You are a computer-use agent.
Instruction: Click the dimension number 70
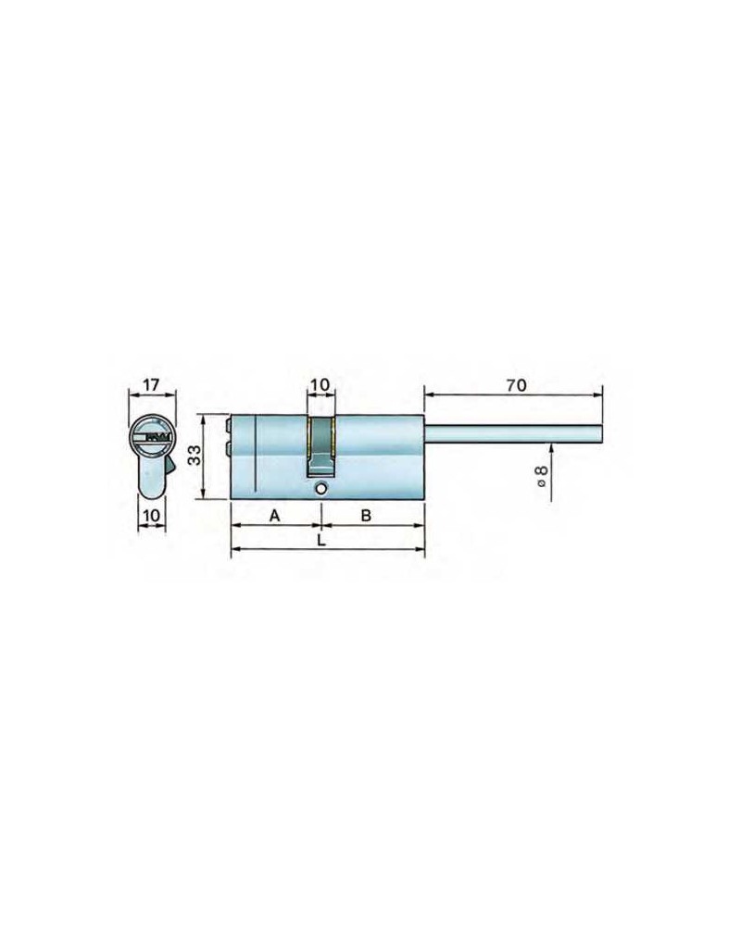pyautogui.click(x=515, y=385)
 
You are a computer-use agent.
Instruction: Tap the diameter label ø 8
pyautogui.click(x=541, y=476)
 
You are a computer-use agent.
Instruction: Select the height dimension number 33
pyautogui.click(x=195, y=456)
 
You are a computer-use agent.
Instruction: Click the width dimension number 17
pyautogui.click(x=151, y=385)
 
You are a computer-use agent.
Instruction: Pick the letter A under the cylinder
pyautogui.click(x=274, y=516)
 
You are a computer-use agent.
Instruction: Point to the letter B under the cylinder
pyautogui.click(x=366, y=516)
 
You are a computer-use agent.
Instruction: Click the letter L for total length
pyautogui.click(x=320, y=541)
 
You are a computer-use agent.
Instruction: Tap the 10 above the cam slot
pyautogui.click(x=320, y=385)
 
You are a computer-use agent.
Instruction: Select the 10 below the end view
pyautogui.click(x=152, y=516)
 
